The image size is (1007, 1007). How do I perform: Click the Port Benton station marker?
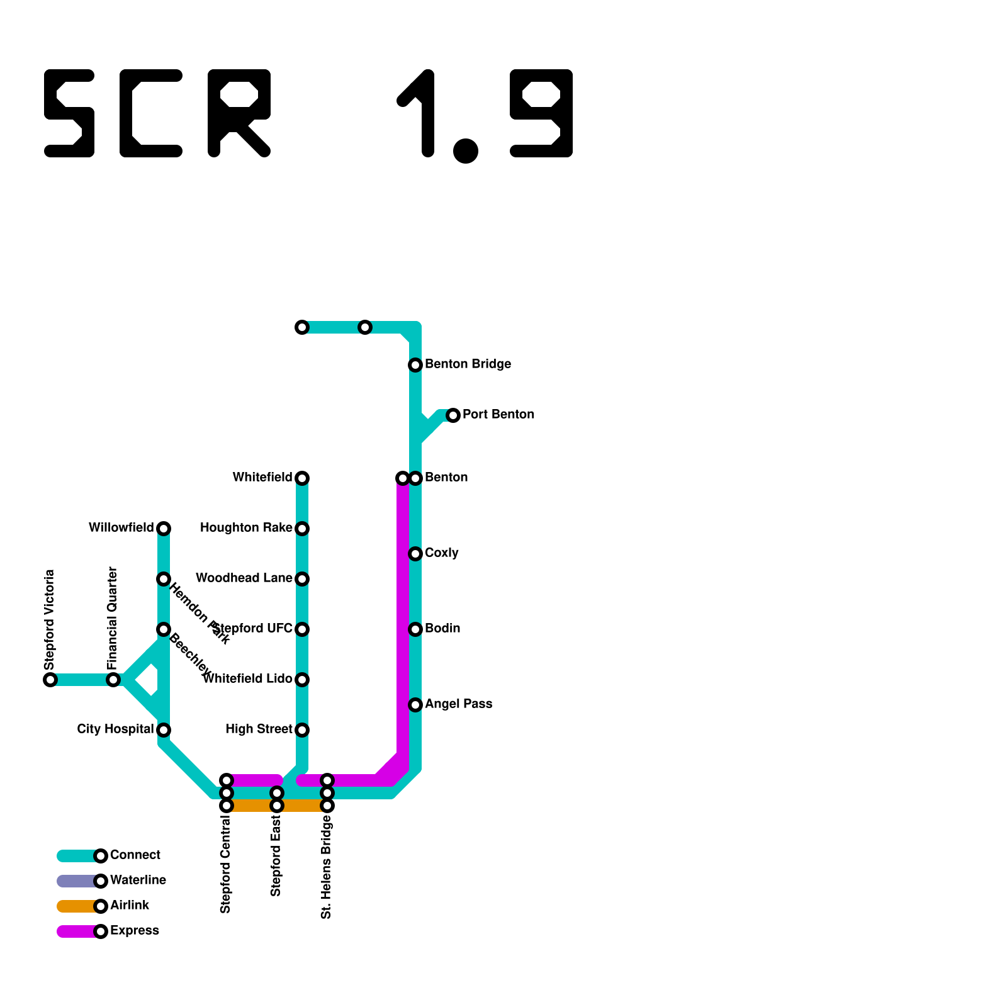coord(453,415)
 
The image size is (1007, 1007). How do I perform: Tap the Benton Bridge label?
coord(468,364)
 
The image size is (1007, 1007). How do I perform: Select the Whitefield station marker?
coord(302,478)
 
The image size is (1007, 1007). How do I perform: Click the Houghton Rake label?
coord(246,528)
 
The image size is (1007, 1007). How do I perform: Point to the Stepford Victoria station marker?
coord(50,680)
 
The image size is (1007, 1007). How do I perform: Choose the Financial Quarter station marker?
coord(113,680)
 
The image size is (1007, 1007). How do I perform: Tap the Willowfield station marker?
coord(164,529)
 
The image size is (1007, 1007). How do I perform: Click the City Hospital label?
coord(115,729)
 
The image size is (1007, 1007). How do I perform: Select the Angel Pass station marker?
coord(415,705)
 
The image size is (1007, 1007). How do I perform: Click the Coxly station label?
coord(441,553)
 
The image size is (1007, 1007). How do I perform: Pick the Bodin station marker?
coord(415,629)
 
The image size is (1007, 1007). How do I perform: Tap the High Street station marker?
coord(302,730)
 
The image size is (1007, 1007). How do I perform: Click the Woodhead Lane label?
coord(244,578)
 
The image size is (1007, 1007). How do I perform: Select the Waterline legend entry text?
coord(138,880)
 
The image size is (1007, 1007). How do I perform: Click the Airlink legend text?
coord(130,906)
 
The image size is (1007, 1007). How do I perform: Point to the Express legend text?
coord(134,931)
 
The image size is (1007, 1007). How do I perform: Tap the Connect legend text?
coord(135,855)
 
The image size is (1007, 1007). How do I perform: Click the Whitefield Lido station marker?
coord(302,680)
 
